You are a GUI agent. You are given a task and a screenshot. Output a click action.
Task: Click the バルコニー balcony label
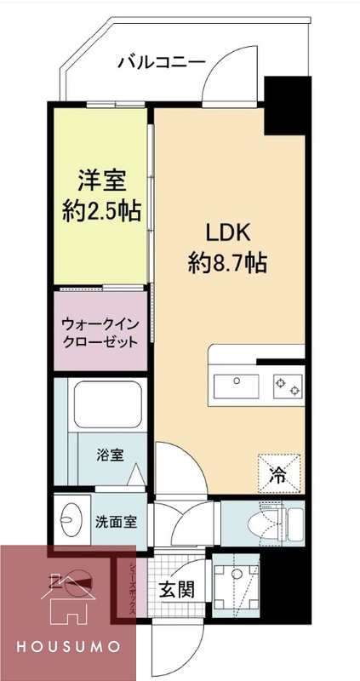tap(161, 61)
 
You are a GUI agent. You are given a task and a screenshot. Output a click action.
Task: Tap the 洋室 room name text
tap(102, 181)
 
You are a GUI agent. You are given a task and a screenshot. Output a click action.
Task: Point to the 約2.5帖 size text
tap(102, 209)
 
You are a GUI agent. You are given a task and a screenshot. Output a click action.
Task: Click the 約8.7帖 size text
tap(227, 262)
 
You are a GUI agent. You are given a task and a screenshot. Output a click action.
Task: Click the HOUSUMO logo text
tap(67, 649)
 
